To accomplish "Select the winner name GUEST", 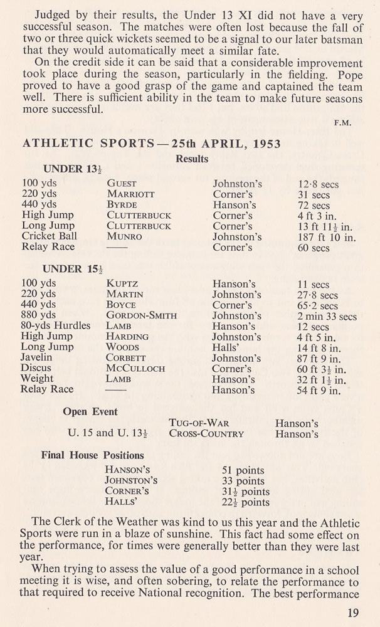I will pos(122,184).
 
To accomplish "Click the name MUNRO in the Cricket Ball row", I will pos(124,237).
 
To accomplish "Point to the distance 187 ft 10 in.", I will pos(327,237).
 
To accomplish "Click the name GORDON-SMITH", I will pos(141,315).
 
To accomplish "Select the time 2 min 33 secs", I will pos(327,316).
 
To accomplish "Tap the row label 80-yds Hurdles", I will pos(56,326).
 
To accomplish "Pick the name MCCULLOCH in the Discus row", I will pos(137,369).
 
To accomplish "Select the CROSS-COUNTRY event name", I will pos(206,434).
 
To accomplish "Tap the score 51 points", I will pos(243,470).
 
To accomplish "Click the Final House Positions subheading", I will pos(92,455).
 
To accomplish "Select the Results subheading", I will pos(192,159).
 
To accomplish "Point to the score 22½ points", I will pos(246,502).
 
